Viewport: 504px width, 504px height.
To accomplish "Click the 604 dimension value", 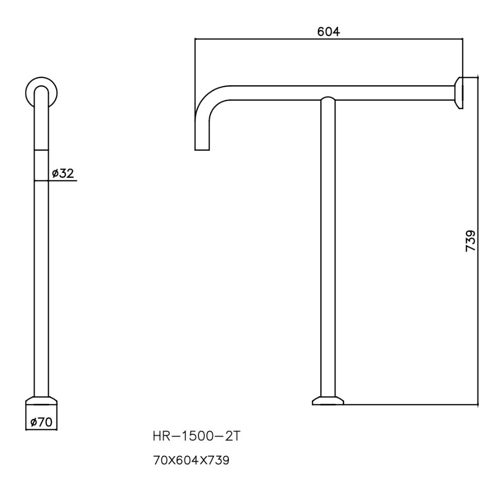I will click(329, 31).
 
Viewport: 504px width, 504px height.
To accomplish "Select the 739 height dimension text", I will click(470, 240).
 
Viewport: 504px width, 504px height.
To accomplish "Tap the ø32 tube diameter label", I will click(62, 174).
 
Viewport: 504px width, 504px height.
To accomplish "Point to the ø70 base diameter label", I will click(41, 422).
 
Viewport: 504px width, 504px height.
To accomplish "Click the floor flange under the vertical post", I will click(328, 401).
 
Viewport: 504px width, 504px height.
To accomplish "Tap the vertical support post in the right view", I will click(328, 252).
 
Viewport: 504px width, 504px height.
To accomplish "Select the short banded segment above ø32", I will click(41, 165).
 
